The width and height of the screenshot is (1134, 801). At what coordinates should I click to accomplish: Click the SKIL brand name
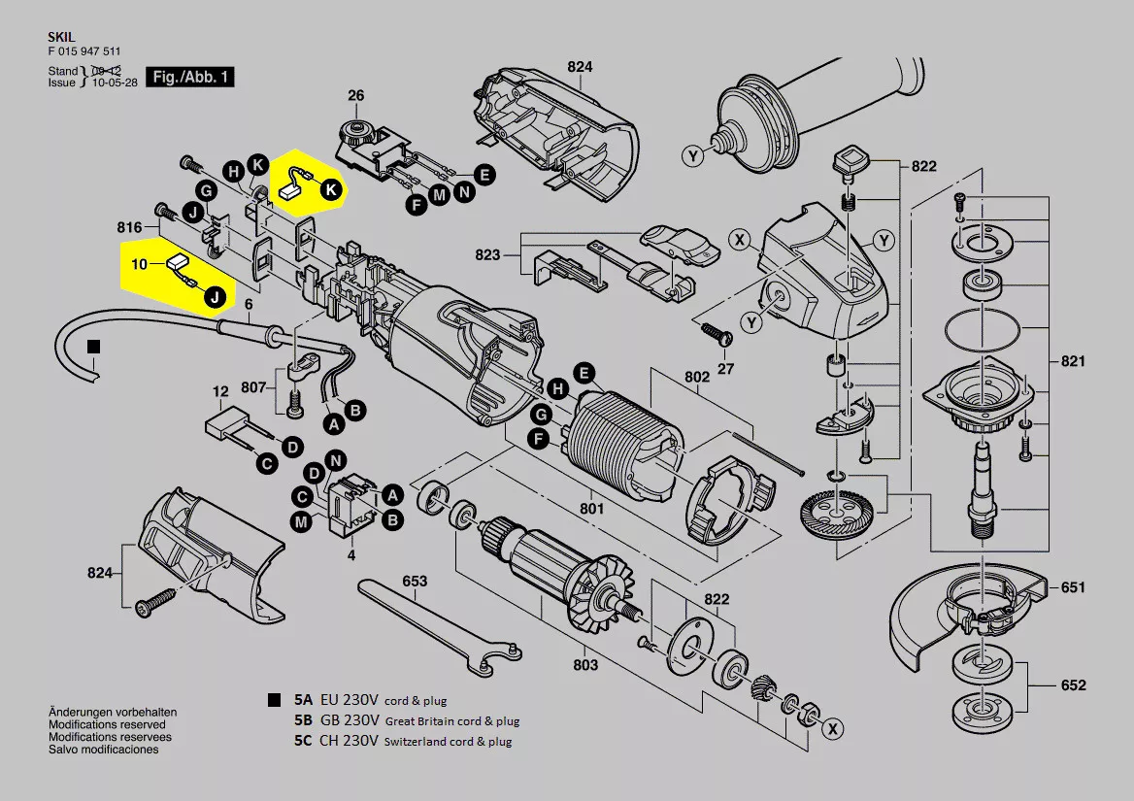(x=60, y=35)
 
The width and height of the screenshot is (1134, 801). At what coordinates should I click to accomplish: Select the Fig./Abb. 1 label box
(x=189, y=76)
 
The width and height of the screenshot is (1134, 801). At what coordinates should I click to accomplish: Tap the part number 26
(x=356, y=95)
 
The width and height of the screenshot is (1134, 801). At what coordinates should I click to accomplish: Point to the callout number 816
(x=130, y=227)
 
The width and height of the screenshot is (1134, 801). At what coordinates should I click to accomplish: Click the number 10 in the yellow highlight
(x=139, y=264)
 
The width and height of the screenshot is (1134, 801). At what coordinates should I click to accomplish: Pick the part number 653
(x=415, y=581)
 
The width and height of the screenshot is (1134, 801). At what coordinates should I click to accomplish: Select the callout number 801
(x=591, y=508)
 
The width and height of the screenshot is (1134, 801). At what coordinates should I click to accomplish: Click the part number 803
(x=585, y=666)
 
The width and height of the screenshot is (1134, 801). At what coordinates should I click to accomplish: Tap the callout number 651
(x=1072, y=587)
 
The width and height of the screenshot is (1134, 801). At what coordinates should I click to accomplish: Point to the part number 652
(x=1073, y=685)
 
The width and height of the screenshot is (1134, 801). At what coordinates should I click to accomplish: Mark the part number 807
(x=253, y=387)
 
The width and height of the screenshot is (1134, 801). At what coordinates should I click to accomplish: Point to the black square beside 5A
(x=275, y=700)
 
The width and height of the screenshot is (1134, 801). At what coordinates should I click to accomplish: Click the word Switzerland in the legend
(x=417, y=742)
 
